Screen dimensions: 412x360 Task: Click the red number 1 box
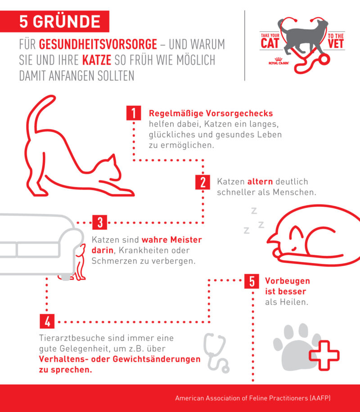[x=133, y=113]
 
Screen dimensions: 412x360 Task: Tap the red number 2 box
[x=203, y=182]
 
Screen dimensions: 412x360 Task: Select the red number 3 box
[x=100, y=222]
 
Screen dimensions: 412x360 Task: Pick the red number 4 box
[x=48, y=321]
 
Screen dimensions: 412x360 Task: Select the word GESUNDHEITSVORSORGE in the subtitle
[x=98, y=45]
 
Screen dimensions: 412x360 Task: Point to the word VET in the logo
[x=335, y=43]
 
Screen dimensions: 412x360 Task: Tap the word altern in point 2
[x=260, y=182]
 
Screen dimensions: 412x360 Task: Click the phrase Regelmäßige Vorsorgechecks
[x=211, y=113]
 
